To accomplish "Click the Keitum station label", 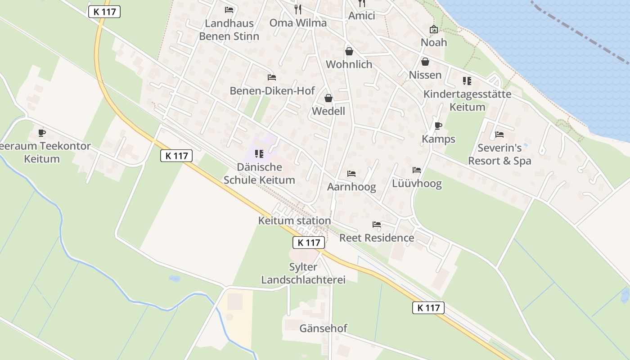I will point(294,220).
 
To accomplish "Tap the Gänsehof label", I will point(323,328).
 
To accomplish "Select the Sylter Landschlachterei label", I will point(303,273).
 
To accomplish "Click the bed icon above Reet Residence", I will point(377,225).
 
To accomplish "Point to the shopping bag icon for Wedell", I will point(328,98).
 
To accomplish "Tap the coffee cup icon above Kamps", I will point(438,126).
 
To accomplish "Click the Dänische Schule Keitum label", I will point(259,173).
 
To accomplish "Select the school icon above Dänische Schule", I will point(259,154).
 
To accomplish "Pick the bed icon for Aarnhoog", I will point(351,174).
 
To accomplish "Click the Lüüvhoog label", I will point(417,183).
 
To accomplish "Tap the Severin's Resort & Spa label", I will point(499,154).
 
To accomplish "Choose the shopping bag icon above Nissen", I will point(425,62).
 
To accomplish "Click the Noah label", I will point(434,42).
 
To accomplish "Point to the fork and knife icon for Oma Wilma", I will point(298,9).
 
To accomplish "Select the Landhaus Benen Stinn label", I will point(229,30).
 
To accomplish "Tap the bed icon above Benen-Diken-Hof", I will point(271,77).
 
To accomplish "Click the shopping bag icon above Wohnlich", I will point(349,51).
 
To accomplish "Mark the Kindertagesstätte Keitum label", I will point(468,100).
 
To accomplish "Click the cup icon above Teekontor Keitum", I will point(42,133).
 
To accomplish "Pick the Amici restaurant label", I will point(362,16).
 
